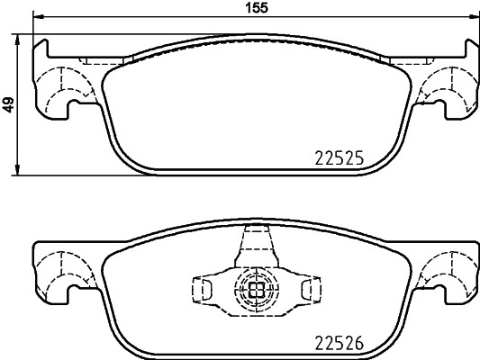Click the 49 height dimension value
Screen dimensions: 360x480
(x=8, y=104)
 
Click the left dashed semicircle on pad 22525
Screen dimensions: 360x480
(x=64, y=87)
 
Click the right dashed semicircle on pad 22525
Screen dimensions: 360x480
(x=446, y=87)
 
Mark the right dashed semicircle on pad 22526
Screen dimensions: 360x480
(x=446, y=272)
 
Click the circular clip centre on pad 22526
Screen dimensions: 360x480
(x=255, y=289)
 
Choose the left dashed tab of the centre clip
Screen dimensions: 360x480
(x=204, y=289)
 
